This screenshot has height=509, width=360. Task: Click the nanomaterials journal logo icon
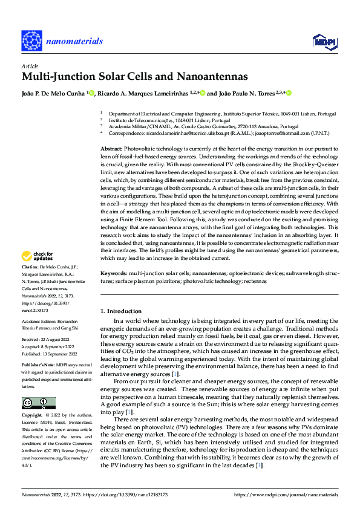point(31,41)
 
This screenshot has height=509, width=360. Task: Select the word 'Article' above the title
point(29,65)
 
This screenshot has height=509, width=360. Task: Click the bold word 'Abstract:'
point(111,148)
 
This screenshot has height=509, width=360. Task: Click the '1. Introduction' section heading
point(121,311)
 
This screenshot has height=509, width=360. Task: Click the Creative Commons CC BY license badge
point(39,403)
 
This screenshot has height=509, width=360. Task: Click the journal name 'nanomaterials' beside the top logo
point(77,41)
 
